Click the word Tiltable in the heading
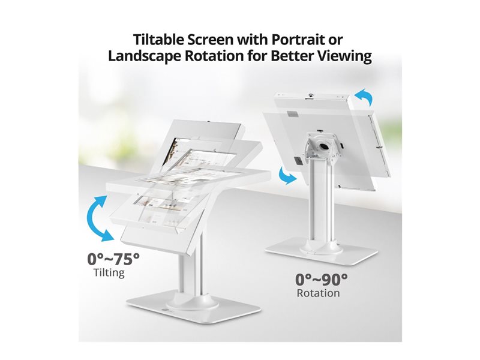[158, 40]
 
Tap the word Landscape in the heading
[145, 56]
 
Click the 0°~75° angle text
[113, 259]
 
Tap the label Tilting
[109, 272]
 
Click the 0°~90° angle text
[322, 280]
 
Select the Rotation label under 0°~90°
[319, 293]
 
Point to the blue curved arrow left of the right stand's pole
[287, 176]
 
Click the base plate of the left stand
[194, 308]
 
